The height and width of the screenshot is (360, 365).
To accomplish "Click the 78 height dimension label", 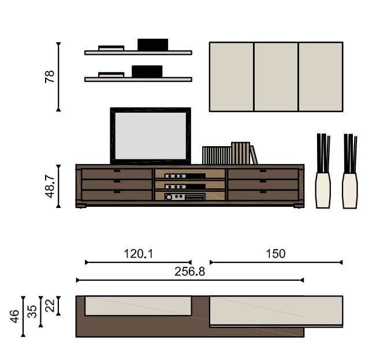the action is (x=50, y=77).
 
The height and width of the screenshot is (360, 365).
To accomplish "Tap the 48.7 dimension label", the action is (x=50, y=187).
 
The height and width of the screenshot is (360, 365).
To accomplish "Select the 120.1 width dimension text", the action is (x=139, y=254).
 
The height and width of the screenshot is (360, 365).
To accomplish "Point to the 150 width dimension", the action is (x=275, y=254).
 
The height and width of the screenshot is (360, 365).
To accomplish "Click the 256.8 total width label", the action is (x=189, y=272).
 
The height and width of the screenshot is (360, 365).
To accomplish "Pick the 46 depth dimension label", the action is (x=14, y=316).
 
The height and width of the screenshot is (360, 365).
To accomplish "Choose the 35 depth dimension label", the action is (x=32, y=311).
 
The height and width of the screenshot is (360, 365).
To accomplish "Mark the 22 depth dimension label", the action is (x=50, y=306).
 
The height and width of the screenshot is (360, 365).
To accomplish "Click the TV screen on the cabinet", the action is (x=151, y=136).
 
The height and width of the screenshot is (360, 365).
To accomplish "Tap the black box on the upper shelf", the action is (x=152, y=44).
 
